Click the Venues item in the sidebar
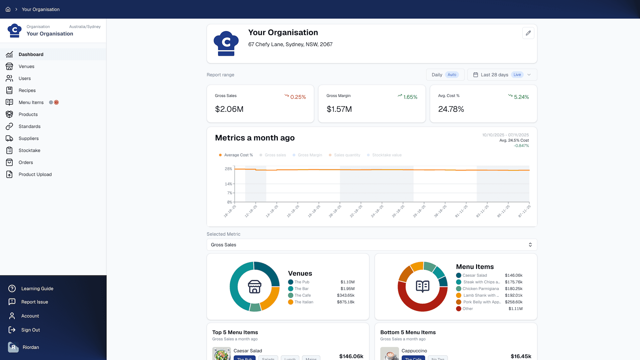(x=26, y=66)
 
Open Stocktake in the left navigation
(x=29, y=150)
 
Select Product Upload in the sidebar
(x=35, y=174)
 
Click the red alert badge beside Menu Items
(x=56, y=102)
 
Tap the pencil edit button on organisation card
(x=528, y=33)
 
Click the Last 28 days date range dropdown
(x=502, y=75)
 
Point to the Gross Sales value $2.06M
(x=229, y=109)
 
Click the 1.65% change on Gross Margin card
(x=410, y=97)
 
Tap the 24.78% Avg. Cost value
(x=451, y=109)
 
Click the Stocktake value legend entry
(x=386, y=155)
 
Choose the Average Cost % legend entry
(x=238, y=155)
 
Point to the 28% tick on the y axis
(x=228, y=169)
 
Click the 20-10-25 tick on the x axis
(x=335, y=211)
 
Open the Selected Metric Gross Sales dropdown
(x=372, y=245)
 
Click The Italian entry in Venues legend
(x=304, y=302)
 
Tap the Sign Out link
(x=30, y=330)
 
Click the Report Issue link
(x=35, y=302)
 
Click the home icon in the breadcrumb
(x=8, y=9)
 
